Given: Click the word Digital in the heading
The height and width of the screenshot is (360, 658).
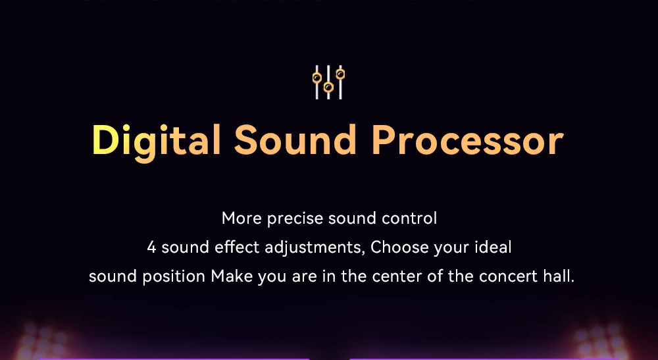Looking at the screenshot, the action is (x=156, y=141).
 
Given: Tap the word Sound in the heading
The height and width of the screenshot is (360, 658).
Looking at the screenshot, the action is (x=295, y=140).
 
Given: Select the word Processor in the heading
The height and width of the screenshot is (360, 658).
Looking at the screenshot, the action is (x=467, y=140).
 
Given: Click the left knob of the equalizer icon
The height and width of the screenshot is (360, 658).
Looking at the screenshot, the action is (x=317, y=78).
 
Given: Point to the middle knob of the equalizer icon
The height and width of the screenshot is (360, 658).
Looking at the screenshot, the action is (x=328, y=88).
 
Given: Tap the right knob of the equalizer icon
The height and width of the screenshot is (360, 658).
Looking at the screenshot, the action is (x=340, y=74).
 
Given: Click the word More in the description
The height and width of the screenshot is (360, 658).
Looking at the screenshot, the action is (x=241, y=219).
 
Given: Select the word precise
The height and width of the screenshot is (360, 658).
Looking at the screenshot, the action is (x=295, y=219).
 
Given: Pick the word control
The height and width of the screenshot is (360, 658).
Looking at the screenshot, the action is (x=409, y=219).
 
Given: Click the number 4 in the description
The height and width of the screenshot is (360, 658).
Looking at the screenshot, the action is (x=151, y=247).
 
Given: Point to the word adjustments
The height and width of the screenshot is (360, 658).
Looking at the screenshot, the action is (x=315, y=248).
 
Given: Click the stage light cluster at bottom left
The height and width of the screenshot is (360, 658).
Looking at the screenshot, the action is (x=40, y=342).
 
